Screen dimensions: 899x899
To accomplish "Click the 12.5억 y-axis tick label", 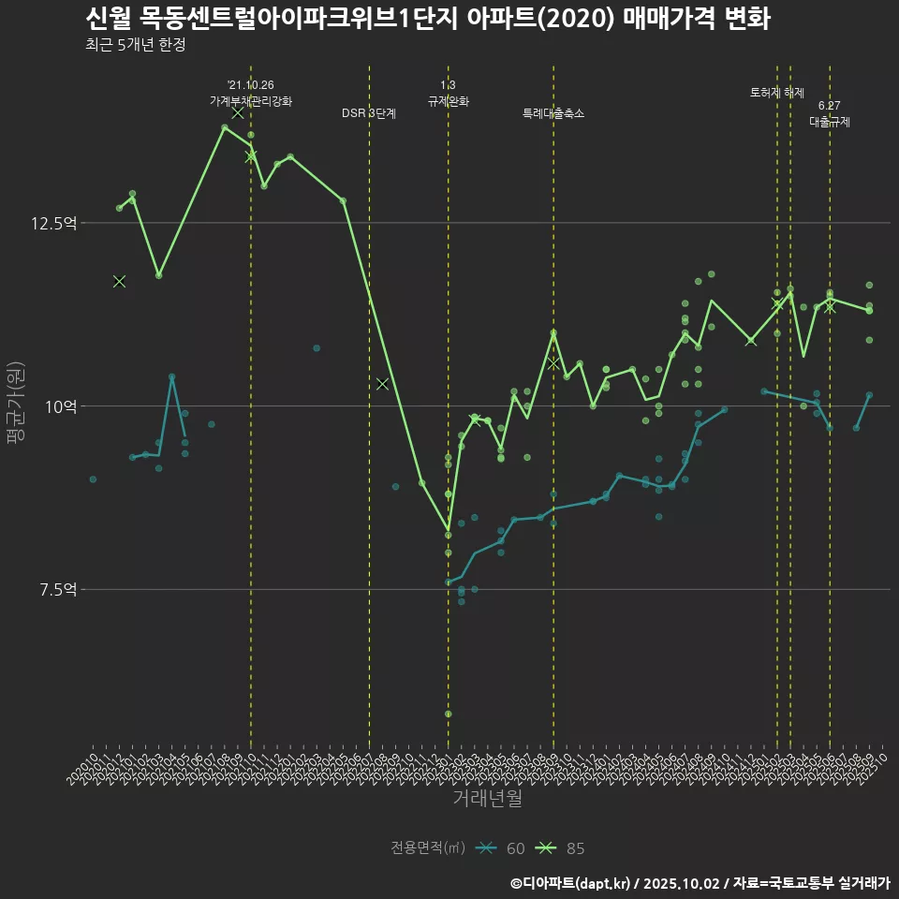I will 52,223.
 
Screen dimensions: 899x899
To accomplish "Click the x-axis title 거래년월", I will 487,798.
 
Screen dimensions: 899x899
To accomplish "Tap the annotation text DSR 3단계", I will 369,113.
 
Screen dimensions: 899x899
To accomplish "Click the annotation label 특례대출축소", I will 553,113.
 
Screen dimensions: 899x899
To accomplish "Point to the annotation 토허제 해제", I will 777,93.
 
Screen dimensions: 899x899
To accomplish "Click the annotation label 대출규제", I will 829,122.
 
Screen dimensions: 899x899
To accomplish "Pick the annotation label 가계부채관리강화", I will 251,101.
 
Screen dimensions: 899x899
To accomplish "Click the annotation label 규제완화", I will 448,101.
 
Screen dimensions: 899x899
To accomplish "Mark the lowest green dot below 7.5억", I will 449,714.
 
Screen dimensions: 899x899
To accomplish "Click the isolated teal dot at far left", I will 93,479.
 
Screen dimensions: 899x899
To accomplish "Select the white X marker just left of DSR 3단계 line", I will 382,384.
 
